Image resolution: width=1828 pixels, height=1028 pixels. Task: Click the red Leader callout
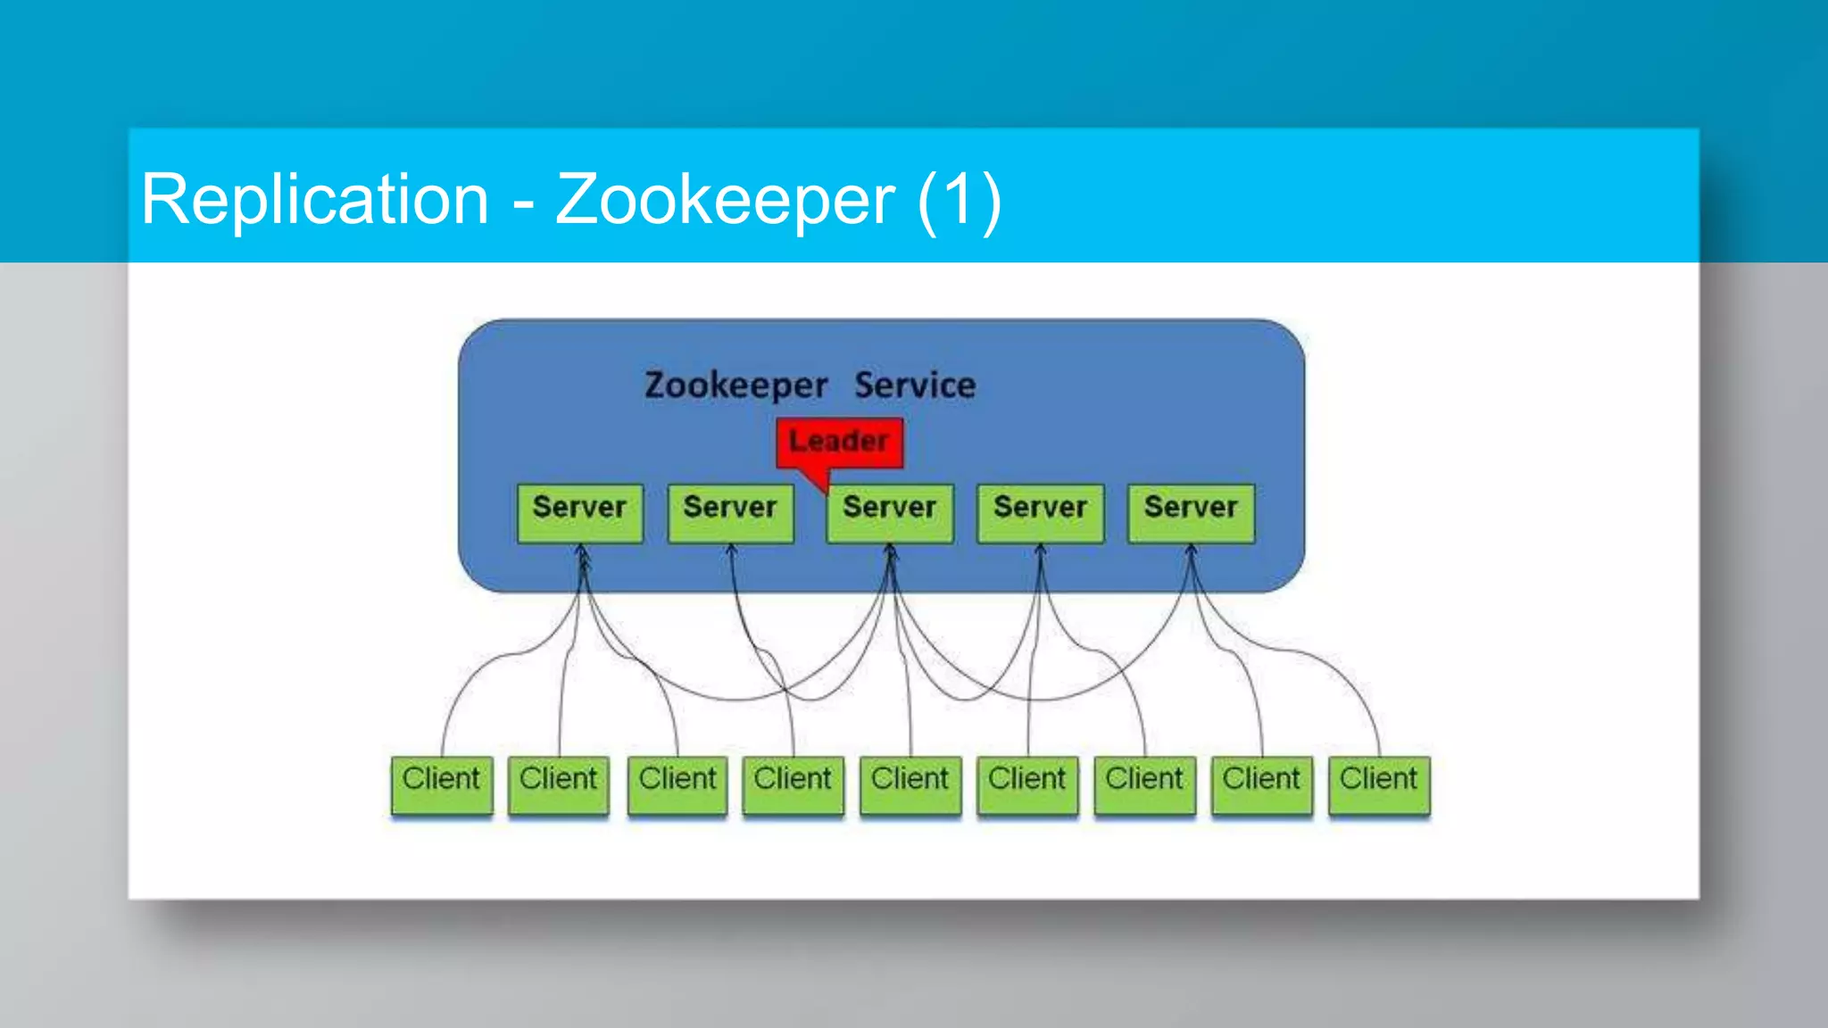tap(839, 443)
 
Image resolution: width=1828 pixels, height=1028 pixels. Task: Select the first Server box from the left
tap(579, 513)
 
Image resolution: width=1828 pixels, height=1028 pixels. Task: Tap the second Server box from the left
tap(730, 513)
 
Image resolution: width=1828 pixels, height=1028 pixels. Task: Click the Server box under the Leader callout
tap(889, 513)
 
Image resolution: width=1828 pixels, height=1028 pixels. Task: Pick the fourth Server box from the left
tap(1040, 513)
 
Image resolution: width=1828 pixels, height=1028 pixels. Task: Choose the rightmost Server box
tap(1191, 513)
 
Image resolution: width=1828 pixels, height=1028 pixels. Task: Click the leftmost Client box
tap(442, 784)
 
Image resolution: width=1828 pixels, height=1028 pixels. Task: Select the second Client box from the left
tap(559, 784)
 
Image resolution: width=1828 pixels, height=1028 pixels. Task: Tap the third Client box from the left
tap(677, 784)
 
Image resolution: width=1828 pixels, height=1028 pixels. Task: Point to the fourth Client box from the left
tap(793, 784)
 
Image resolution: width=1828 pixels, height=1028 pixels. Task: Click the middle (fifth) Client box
tap(910, 784)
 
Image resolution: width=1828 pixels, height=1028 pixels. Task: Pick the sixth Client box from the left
tap(1027, 784)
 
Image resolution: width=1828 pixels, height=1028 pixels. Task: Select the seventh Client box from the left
tap(1144, 784)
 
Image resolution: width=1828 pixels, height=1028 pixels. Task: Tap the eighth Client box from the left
tap(1261, 784)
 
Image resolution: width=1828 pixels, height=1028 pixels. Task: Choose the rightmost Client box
tap(1379, 784)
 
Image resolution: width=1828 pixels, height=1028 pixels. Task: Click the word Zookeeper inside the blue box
tap(736, 386)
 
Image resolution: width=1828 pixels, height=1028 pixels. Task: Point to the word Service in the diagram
tap(915, 385)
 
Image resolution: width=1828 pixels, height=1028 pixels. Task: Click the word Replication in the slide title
tap(315, 200)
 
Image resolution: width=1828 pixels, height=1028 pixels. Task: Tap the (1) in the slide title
tap(960, 200)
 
